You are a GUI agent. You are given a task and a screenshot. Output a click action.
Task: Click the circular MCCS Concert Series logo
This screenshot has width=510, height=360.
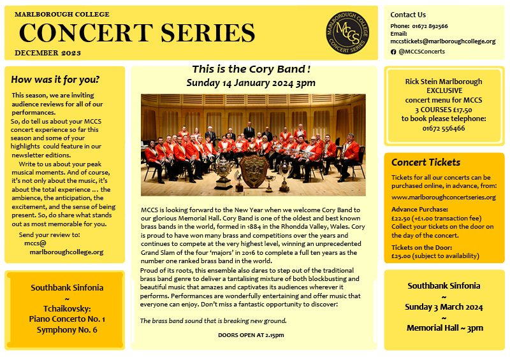click(x=347, y=32)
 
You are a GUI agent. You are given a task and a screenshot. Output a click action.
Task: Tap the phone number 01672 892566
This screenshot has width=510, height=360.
click(x=430, y=26)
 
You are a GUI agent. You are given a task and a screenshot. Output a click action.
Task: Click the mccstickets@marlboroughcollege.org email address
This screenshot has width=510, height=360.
click(x=443, y=41)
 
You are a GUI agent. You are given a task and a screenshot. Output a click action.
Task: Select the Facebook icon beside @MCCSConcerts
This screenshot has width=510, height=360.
click(x=393, y=52)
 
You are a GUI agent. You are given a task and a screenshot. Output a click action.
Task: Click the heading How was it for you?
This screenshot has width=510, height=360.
click(x=55, y=80)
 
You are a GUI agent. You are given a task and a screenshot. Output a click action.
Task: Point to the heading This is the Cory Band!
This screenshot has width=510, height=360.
click(x=251, y=69)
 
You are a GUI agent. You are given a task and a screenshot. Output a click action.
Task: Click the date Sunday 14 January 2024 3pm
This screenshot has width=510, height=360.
click(x=251, y=83)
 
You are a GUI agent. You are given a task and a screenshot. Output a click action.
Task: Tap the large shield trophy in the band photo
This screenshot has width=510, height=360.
click(x=254, y=170)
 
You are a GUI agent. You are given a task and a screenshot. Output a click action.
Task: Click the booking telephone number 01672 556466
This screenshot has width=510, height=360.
click(x=444, y=128)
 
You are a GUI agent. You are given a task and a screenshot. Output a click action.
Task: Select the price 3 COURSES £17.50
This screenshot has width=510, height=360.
click(x=444, y=110)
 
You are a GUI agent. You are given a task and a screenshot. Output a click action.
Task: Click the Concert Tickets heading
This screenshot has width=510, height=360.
click(x=426, y=162)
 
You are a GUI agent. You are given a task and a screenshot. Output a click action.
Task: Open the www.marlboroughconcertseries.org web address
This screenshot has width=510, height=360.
click(x=444, y=197)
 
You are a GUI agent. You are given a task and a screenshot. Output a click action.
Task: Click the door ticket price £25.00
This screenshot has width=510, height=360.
click(x=401, y=256)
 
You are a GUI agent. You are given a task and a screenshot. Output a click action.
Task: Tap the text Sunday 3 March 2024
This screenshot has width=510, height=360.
click(x=444, y=307)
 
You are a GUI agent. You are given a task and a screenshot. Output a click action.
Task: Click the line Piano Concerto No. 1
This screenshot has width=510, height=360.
click(x=67, y=319)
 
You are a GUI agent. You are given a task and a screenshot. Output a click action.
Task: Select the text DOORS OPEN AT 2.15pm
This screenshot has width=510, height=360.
click(x=251, y=335)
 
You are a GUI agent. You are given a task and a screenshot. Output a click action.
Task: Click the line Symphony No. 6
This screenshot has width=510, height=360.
click(x=67, y=330)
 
